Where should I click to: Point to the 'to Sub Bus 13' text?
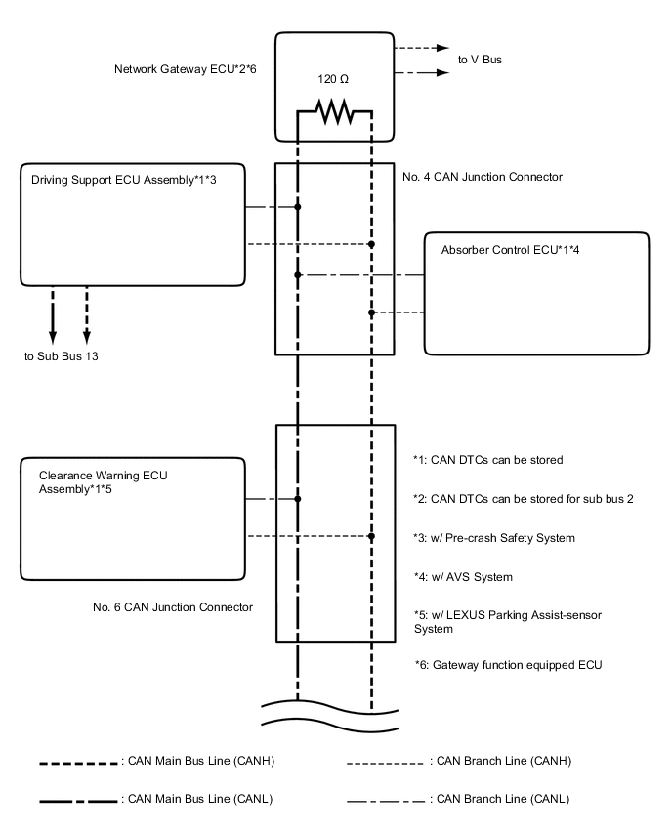coord(62,355)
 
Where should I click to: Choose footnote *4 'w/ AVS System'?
coord(462,577)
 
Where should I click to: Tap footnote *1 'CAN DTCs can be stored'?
coord(487,459)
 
